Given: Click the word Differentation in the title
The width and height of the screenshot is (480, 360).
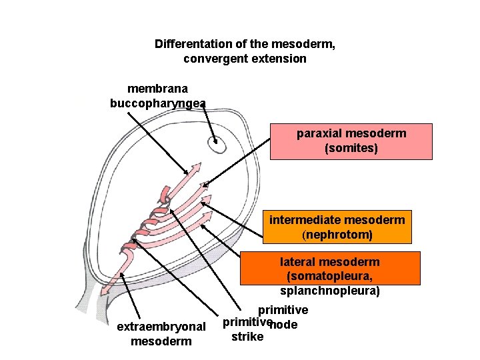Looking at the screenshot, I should click(193, 44).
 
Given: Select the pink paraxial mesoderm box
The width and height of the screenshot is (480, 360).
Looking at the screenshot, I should click(351, 141).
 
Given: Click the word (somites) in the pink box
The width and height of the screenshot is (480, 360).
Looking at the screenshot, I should click(351, 148).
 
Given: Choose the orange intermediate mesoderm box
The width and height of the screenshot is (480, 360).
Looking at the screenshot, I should click(337, 227).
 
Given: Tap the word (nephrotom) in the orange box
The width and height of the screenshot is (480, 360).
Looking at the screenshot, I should click(337, 235).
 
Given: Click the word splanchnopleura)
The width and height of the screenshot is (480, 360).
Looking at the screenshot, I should click(330, 291).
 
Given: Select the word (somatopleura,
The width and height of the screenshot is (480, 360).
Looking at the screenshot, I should click(330, 277).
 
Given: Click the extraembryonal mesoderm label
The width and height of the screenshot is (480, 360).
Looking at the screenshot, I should click(161, 334).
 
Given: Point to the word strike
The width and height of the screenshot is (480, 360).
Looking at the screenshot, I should click(247, 337).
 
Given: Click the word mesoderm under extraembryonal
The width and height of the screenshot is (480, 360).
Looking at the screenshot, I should click(161, 341).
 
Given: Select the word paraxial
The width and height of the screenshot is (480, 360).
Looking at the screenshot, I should click(319, 133).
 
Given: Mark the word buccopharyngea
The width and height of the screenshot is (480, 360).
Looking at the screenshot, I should click(157, 103).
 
